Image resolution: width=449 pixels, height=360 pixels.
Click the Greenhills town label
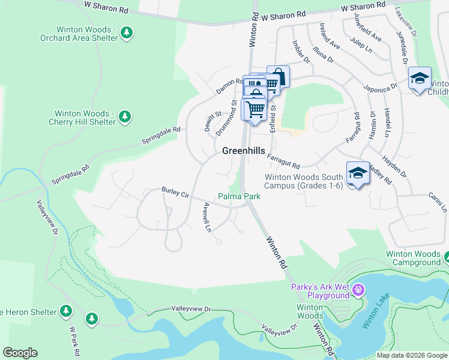pyautogui.click(x=244, y=151)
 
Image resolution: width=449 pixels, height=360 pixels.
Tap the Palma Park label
pyautogui.click(x=239, y=196)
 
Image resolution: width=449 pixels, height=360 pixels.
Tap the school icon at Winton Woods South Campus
pyautogui.click(x=358, y=173)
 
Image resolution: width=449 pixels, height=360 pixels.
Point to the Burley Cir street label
pyautogui.click(x=175, y=192)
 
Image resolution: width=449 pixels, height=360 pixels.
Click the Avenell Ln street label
pyautogui.click(x=208, y=218)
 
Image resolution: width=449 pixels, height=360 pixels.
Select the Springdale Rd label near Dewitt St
pyautogui.click(x=161, y=134)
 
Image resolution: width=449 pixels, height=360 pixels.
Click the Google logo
pyautogui.click(x=20, y=353)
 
